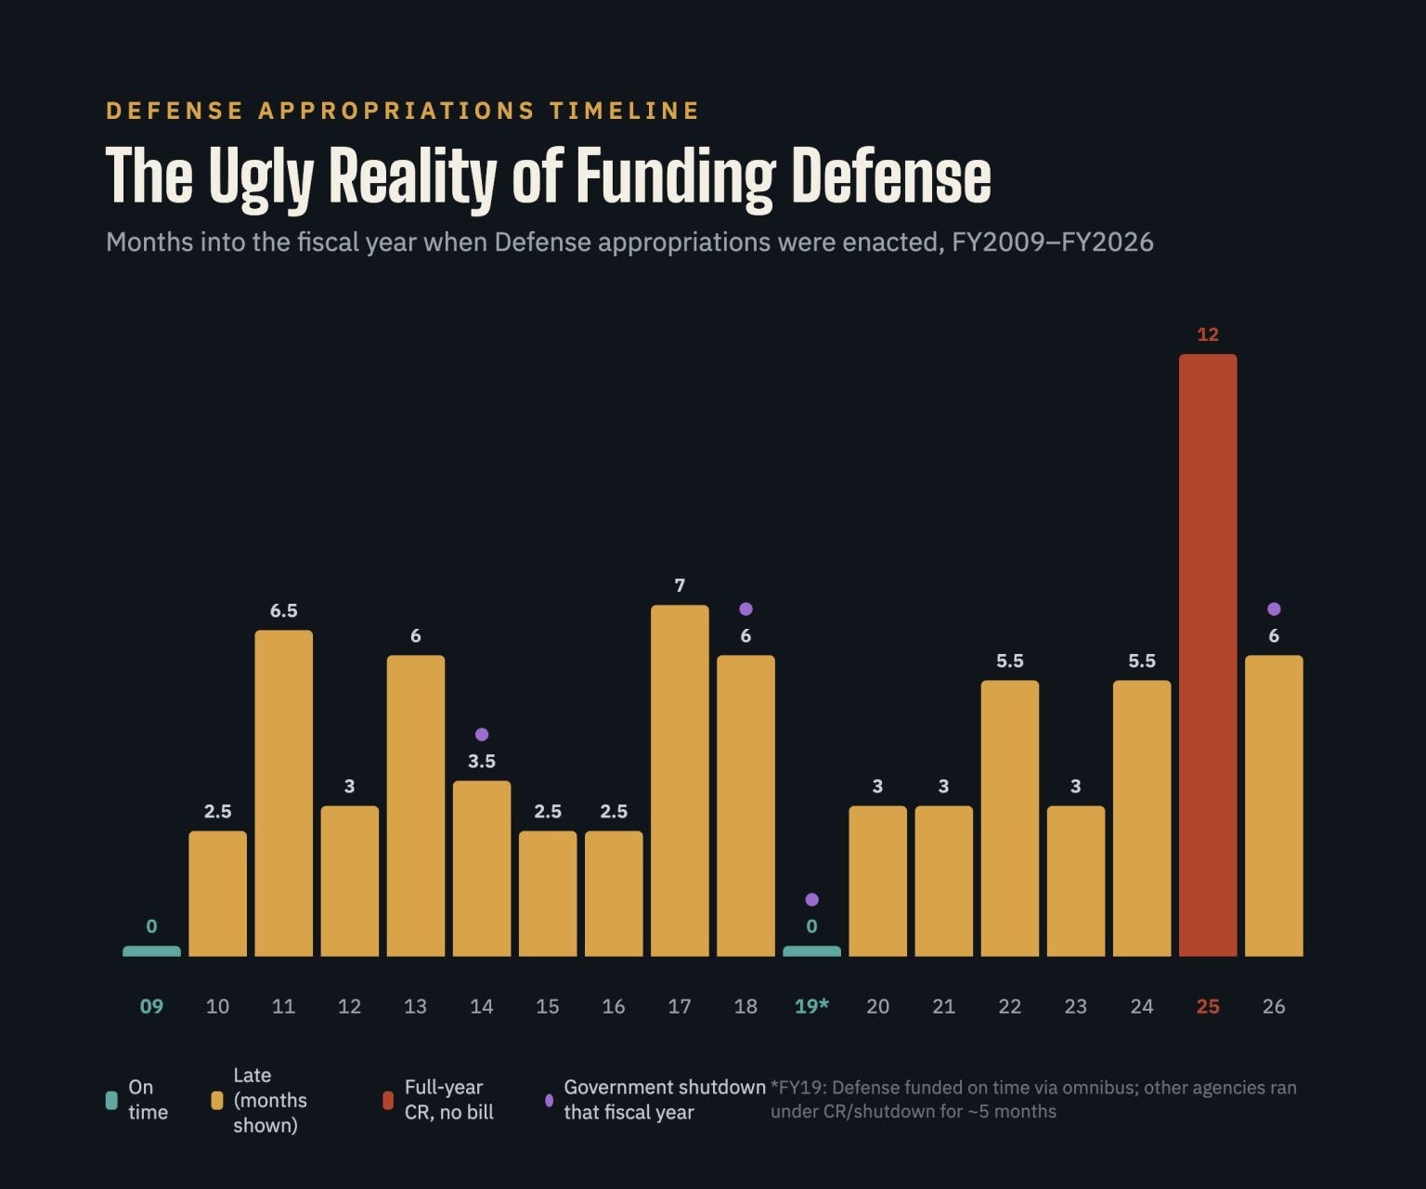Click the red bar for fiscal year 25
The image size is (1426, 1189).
[x=1208, y=655]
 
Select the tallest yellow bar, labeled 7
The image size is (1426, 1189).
[x=680, y=780]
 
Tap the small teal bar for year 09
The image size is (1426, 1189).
[x=151, y=951]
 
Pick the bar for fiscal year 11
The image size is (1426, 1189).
[x=283, y=792]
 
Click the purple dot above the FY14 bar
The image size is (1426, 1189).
[x=482, y=735]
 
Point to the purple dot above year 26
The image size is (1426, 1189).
[x=1274, y=608]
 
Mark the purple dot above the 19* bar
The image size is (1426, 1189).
[x=811, y=899]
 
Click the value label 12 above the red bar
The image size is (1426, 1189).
[x=1208, y=334]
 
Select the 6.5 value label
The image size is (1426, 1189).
[x=283, y=611]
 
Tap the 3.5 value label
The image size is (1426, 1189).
[x=482, y=761]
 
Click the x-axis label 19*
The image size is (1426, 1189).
[x=811, y=1006]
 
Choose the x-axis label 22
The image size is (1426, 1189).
[x=1009, y=1007]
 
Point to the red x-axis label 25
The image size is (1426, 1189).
[x=1208, y=1007]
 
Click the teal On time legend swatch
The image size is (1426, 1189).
[x=111, y=1100]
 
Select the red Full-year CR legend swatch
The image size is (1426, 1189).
[x=388, y=1100]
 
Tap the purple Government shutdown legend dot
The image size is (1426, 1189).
[x=549, y=1100]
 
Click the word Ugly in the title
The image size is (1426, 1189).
[x=261, y=177]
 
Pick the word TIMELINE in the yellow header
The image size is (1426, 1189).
[x=624, y=111]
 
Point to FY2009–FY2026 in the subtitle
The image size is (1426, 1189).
[x=1053, y=242]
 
